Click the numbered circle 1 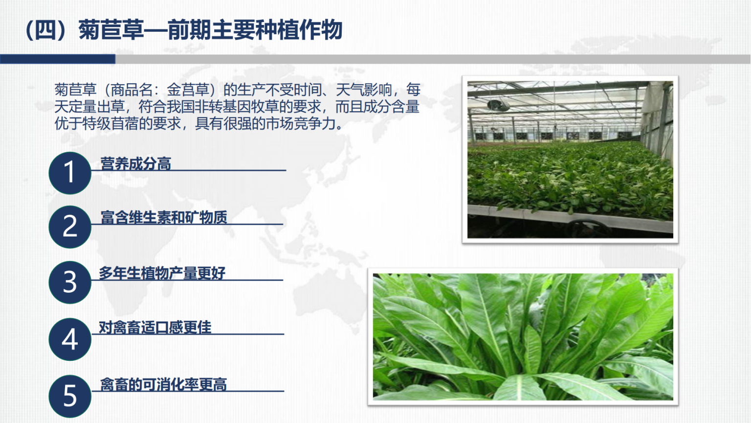click(x=70, y=173)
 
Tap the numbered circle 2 click(x=70, y=227)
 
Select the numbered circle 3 click(x=70, y=282)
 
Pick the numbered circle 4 click(x=70, y=339)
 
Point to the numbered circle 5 click(x=70, y=396)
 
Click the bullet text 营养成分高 click(x=136, y=164)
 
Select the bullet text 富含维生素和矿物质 click(x=164, y=217)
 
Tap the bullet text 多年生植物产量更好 click(x=162, y=273)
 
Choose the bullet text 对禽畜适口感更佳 click(x=155, y=328)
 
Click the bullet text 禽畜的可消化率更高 click(x=164, y=384)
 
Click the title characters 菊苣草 click(x=111, y=30)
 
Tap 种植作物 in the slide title click(x=299, y=30)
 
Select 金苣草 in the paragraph click(x=188, y=90)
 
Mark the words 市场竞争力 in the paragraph click(x=300, y=124)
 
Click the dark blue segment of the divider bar click(x=58, y=59)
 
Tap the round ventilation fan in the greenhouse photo click(x=498, y=105)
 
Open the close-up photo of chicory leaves click(x=523, y=337)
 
